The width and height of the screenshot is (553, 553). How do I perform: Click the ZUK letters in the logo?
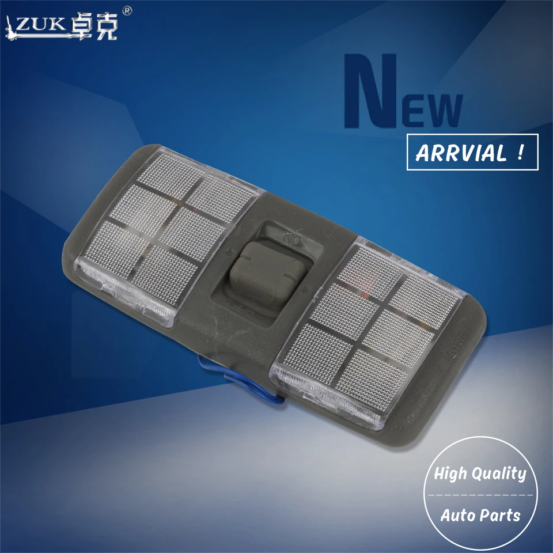coord(40,25)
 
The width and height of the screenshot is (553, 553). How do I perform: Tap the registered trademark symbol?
coord(127,11)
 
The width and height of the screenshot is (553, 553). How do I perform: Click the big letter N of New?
coord(371,90)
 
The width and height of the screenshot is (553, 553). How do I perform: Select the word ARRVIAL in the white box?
coord(461,153)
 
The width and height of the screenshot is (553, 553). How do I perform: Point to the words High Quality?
coord(480,474)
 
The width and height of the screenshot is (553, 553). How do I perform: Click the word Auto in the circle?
coord(457,515)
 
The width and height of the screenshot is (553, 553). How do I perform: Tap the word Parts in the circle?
coord(500,515)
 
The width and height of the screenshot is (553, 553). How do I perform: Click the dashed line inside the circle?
coord(480,495)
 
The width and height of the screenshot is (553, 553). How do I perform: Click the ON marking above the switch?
coord(291,240)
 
